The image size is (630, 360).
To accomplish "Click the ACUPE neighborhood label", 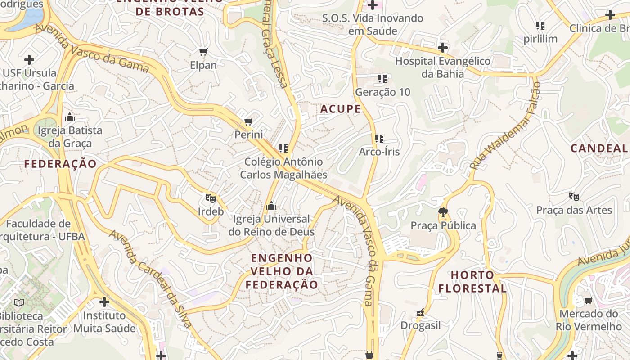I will point(341,109).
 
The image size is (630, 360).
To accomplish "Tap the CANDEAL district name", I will point(599,148).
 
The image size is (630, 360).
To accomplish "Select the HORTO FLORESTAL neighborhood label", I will point(472,282).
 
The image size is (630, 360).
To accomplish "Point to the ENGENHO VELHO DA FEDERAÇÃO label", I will point(282,271).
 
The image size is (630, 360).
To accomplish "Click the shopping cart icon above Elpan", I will point(203,52).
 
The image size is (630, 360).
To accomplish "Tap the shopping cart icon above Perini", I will point(248,121).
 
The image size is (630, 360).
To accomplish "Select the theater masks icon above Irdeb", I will point(210,198).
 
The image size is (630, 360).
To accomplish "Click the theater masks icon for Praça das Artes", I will point(574,197).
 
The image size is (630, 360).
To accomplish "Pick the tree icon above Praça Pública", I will point(443,212).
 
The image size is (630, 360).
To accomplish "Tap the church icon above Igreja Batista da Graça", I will point(70,117).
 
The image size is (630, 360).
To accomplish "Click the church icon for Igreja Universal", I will point(271,206).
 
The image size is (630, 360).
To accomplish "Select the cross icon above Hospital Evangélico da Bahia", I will point(443,48).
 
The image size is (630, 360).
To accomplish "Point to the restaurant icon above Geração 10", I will point(382,79).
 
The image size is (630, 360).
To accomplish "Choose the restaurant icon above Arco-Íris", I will point(379,139).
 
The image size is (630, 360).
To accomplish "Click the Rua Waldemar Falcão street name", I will point(505,126).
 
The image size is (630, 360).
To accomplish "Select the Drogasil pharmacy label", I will point(420,325).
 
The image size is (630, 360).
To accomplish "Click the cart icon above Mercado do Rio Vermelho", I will point(588,300).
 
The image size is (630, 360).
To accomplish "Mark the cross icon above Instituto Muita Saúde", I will point(104,302).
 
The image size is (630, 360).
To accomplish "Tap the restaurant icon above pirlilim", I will point(540,26).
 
